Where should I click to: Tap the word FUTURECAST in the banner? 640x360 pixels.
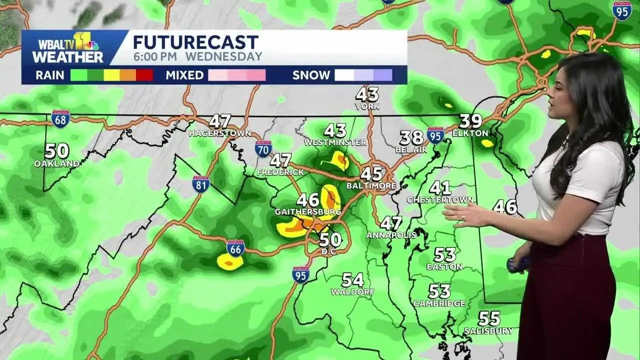click(x=195, y=42)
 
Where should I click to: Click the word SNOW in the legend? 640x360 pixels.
click(x=311, y=75)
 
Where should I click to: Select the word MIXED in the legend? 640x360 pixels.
click(x=184, y=75)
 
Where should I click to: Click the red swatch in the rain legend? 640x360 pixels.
click(x=144, y=75)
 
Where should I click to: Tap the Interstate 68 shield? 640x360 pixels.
click(x=60, y=119)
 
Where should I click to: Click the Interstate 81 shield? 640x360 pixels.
click(x=201, y=184)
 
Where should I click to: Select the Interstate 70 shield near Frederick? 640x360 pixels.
click(x=263, y=149)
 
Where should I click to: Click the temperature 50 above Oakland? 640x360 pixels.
click(x=57, y=151)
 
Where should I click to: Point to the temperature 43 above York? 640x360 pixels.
click(x=367, y=94)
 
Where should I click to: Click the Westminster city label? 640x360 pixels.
click(x=335, y=142)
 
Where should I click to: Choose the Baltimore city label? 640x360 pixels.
click(x=371, y=186)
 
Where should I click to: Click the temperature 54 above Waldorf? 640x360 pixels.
click(x=352, y=279)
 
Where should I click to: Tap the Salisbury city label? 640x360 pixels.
click(x=488, y=331)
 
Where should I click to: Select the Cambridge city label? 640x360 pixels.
click(x=439, y=303)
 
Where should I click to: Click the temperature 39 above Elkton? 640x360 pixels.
click(x=470, y=121)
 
